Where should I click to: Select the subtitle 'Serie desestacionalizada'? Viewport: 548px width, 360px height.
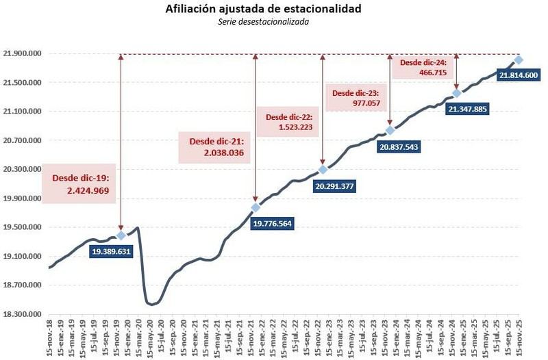pyautogui.click(x=273, y=21)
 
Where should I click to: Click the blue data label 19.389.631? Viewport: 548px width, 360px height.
pyautogui.click(x=112, y=251)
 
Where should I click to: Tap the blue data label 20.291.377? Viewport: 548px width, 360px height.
pyautogui.click(x=336, y=185)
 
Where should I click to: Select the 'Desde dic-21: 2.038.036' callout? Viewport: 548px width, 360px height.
pyautogui.click(x=215, y=148)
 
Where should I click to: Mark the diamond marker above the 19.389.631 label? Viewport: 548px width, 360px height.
pyautogui.click(x=121, y=235)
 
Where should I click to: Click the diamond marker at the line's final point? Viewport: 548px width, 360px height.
pyautogui.click(x=519, y=60)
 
